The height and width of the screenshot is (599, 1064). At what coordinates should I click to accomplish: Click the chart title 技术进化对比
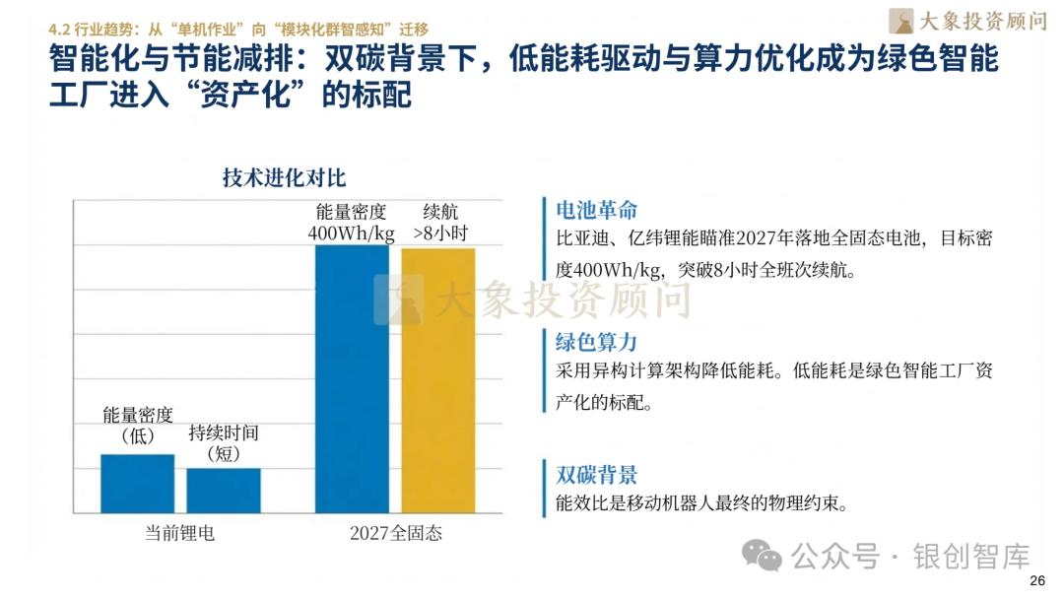284,178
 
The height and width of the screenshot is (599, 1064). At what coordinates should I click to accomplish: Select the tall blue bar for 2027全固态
352,378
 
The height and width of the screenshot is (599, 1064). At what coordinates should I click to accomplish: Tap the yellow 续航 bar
437,379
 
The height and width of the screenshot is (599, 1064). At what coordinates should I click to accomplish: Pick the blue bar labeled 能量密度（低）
137,483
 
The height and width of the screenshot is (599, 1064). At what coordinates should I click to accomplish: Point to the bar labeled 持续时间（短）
224,490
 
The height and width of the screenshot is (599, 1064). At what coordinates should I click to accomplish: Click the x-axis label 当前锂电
179,533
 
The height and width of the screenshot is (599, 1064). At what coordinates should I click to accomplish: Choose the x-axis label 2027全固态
396,533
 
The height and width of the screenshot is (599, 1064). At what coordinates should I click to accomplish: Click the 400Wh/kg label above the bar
352,233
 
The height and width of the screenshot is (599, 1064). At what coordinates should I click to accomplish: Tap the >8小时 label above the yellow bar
439,233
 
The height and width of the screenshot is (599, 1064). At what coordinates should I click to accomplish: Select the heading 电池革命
597,210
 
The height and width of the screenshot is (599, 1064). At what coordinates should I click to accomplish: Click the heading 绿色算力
597,342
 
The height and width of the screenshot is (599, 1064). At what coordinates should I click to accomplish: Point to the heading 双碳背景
597,474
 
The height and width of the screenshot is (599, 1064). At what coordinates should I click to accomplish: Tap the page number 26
1035,580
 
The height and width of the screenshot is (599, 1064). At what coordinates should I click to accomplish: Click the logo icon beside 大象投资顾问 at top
900,21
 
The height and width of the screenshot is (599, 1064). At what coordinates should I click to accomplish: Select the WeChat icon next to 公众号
763,556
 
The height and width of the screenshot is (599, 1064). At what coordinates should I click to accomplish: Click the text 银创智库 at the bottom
971,557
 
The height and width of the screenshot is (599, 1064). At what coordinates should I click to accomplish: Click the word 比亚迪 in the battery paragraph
579,239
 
